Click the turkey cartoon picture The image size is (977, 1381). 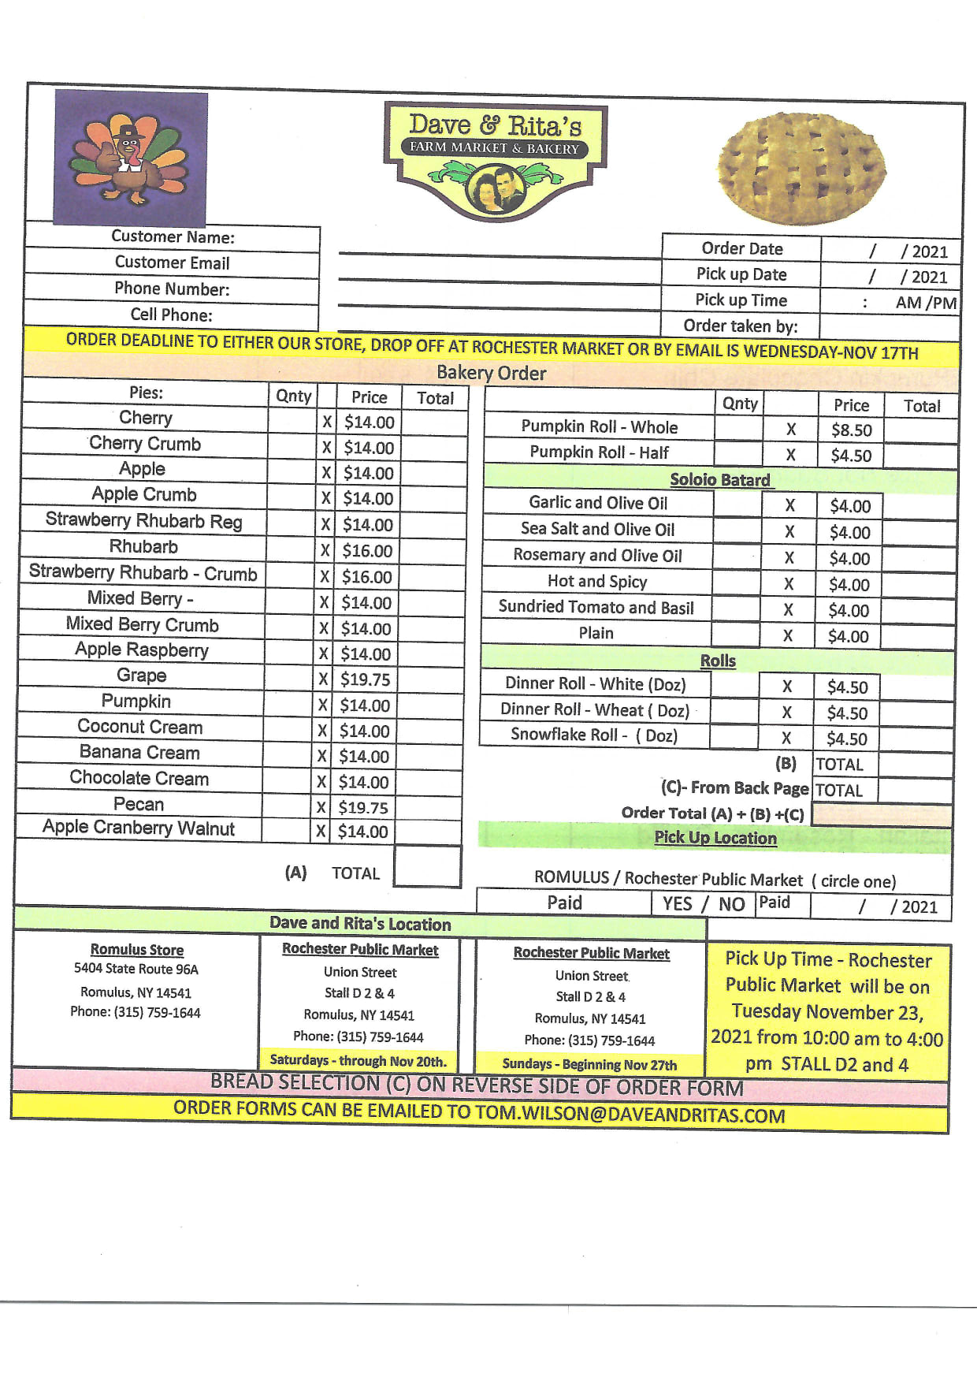[x=131, y=158]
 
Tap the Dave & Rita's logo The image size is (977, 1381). [x=495, y=159]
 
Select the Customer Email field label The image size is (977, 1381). [x=172, y=262]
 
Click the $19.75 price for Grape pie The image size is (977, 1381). [x=365, y=679]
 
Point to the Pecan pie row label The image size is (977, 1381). [x=139, y=804]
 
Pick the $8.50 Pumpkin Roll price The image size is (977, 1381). [x=851, y=430]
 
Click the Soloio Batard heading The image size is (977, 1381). [x=719, y=480]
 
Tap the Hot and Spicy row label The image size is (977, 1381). [x=597, y=582]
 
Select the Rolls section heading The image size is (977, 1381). [x=718, y=661]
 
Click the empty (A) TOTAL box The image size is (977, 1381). [x=427, y=867]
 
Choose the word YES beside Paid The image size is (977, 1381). [x=677, y=904]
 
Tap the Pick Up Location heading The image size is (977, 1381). [x=715, y=838]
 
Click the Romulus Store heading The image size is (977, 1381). [x=137, y=950]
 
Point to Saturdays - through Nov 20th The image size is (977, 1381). [x=358, y=1060]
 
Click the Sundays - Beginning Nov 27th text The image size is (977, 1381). [x=589, y=1064]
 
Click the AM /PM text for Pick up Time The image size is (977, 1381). [x=926, y=303]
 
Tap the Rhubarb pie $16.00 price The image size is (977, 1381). [x=367, y=551]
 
